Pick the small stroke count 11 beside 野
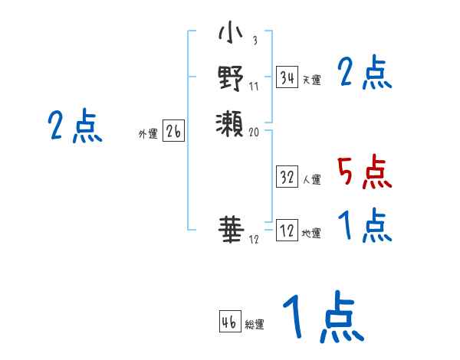[255, 86]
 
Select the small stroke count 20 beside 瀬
[255, 132]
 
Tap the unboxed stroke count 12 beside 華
[255, 239]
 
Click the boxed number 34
[287, 77]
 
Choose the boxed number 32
[287, 177]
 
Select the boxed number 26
[173, 132]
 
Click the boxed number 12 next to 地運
[287, 231]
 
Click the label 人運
[311, 180]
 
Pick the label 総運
[255, 325]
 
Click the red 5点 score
[365, 172]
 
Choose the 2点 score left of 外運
[75, 126]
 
